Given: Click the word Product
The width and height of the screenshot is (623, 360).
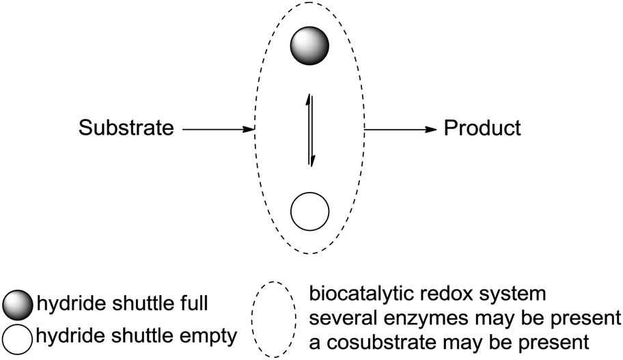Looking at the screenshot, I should [x=482, y=128].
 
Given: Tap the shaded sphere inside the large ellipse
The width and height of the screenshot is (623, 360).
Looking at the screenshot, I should [x=309, y=47].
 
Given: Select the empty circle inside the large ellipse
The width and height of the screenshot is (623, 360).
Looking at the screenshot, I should [x=310, y=211].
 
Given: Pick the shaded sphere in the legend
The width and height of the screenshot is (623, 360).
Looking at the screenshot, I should [x=17, y=304].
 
